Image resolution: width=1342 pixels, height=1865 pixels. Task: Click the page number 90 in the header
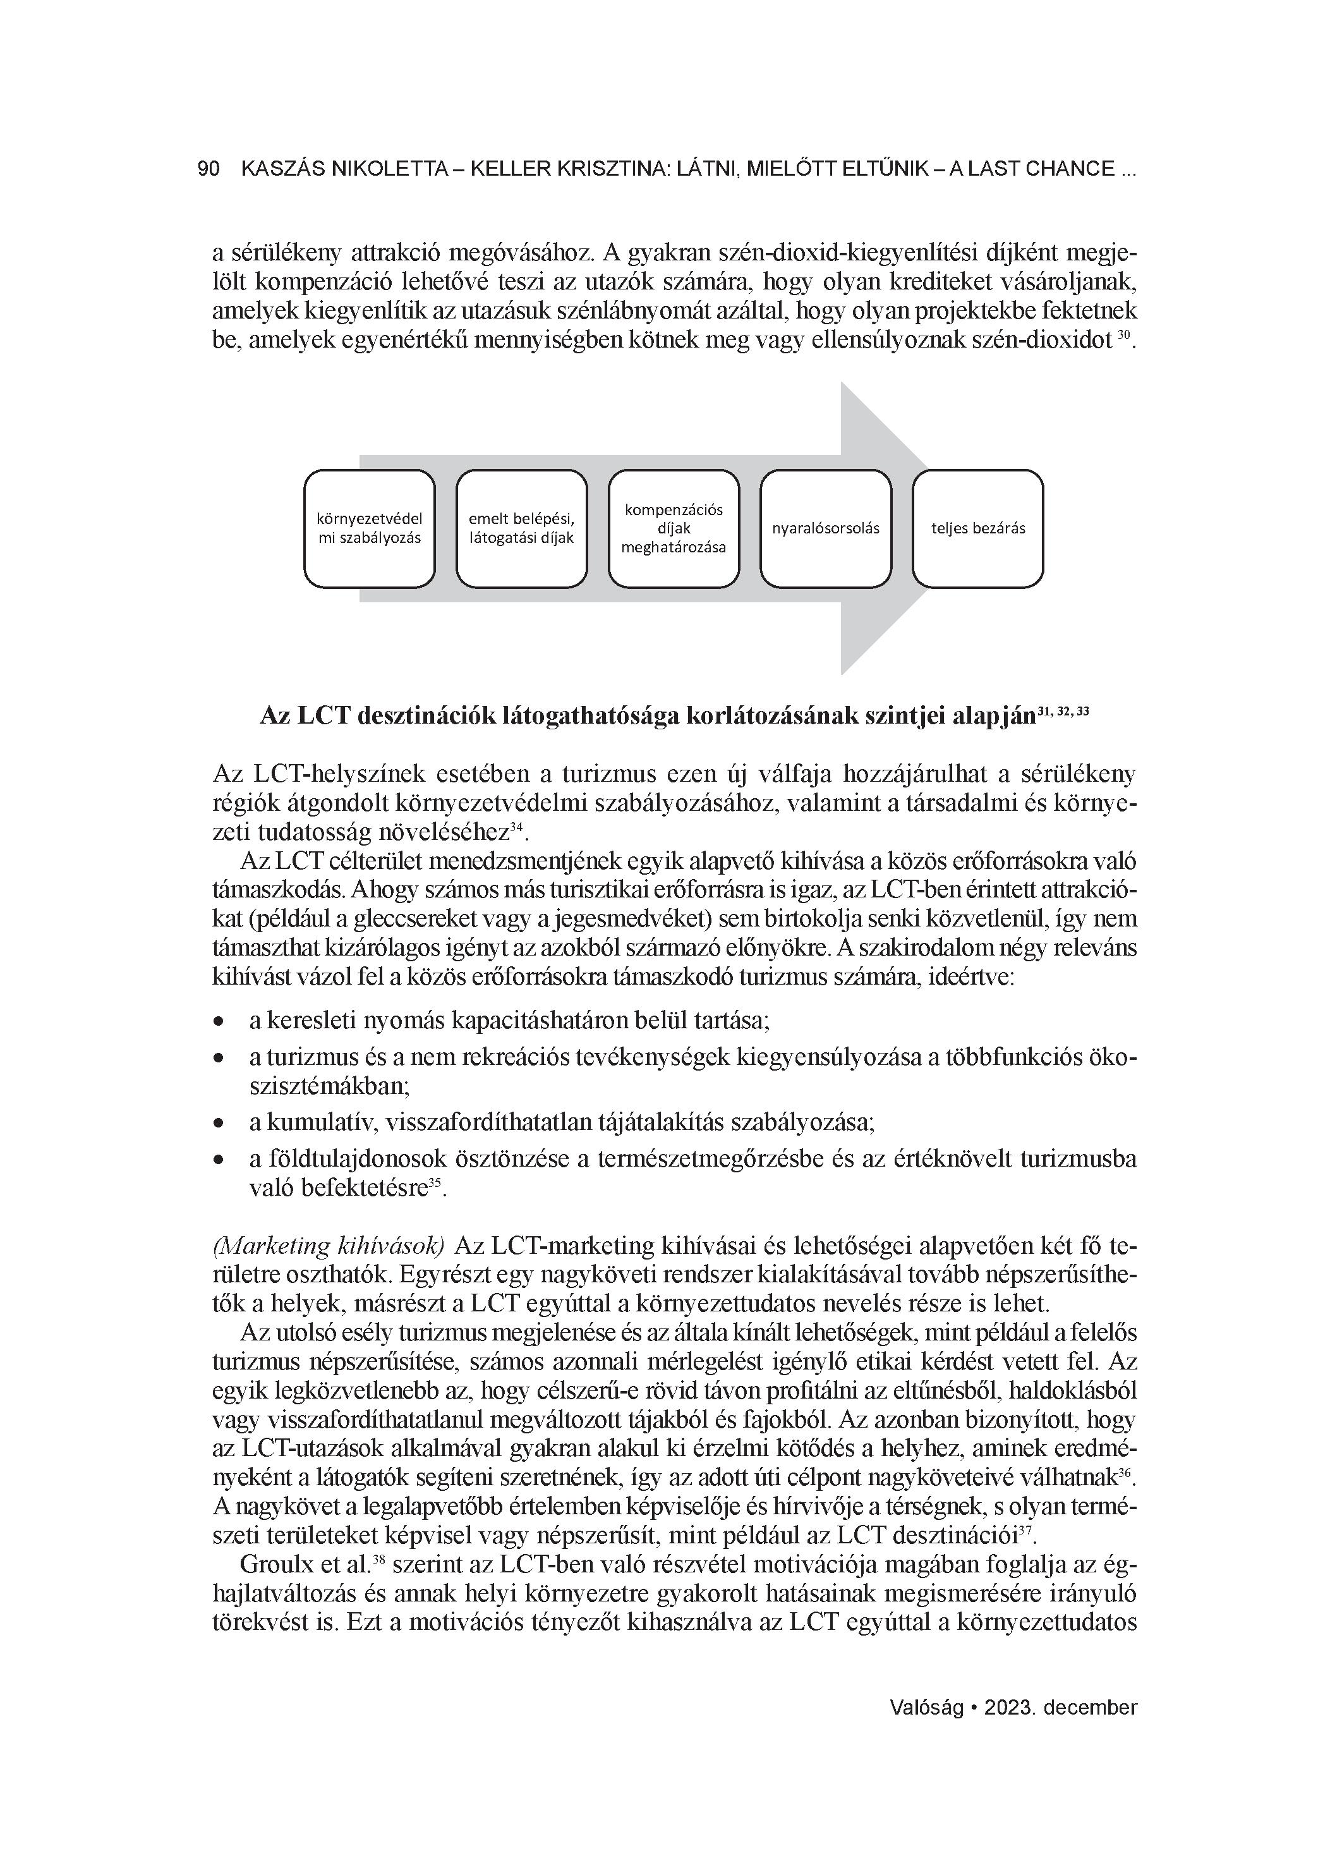coord(209,169)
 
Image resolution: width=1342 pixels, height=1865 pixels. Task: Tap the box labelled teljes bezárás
coord(977,529)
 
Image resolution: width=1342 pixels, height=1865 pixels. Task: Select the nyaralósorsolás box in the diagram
coord(826,529)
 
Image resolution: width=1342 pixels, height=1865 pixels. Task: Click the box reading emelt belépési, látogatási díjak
coord(521,529)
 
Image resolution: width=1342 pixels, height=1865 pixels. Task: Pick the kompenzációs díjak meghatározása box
coord(674,529)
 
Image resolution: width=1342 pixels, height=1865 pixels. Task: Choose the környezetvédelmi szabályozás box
coord(369,529)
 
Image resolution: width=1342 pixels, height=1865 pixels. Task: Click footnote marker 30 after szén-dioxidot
coord(1124,336)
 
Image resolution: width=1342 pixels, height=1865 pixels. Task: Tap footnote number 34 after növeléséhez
coord(516,828)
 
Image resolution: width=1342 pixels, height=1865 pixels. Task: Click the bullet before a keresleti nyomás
coord(219,1022)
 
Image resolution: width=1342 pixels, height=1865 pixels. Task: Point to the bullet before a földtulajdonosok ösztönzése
coord(219,1160)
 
